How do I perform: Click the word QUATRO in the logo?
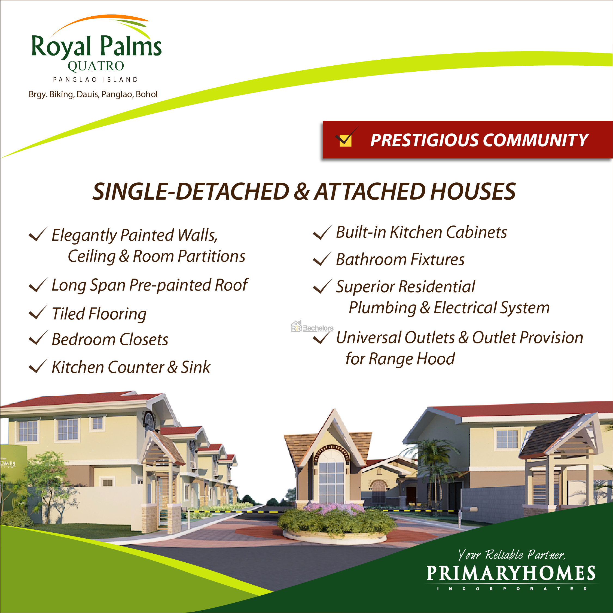click(96, 66)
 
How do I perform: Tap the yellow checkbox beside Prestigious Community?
click(345, 141)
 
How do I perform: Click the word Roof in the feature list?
click(231, 285)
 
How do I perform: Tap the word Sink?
click(196, 367)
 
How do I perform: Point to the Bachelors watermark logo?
click(312, 327)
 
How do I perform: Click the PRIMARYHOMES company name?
click(511, 573)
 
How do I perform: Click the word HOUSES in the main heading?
click(473, 192)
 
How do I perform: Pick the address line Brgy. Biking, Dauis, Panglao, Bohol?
click(93, 94)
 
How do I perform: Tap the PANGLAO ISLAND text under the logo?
click(96, 79)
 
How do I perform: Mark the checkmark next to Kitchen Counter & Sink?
click(38, 366)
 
